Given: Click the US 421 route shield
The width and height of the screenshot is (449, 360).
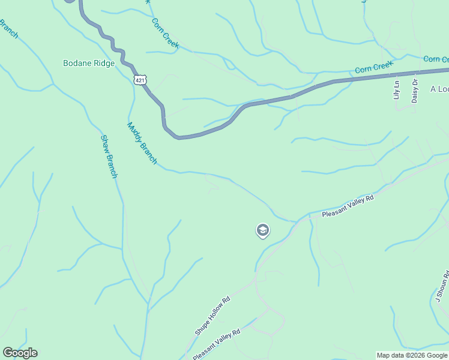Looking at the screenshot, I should click(x=139, y=79).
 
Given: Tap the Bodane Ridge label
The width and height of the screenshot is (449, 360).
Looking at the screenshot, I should click(x=88, y=63).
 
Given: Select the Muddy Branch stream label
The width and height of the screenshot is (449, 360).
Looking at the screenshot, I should click(x=142, y=143).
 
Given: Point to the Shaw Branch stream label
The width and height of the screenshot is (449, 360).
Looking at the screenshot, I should click(x=109, y=157).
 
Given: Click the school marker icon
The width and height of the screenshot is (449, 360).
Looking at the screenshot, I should click(x=262, y=230).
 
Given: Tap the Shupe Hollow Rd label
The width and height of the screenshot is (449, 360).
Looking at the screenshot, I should click(x=212, y=316).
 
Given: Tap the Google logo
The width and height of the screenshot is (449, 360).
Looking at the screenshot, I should click(x=20, y=353).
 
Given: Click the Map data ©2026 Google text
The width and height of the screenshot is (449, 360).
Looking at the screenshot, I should click(x=412, y=355).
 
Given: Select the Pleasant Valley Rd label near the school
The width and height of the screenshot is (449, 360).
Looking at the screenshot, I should click(x=348, y=206).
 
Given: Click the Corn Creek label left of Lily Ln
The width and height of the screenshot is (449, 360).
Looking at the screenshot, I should click(x=373, y=67).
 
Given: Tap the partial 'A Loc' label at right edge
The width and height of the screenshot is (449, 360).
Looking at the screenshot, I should click(x=439, y=89).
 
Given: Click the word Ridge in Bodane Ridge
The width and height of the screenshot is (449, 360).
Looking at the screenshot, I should click(x=104, y=63).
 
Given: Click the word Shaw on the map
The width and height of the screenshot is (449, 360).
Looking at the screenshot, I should click(x=106, y=144).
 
